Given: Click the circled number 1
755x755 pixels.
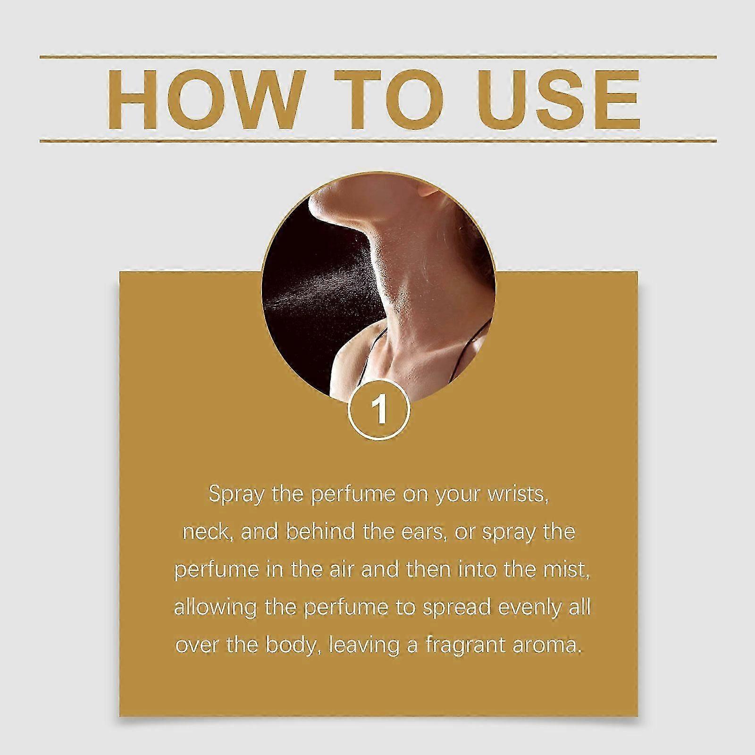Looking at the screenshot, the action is (379, 410).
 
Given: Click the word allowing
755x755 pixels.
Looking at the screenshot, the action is (214, 608).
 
